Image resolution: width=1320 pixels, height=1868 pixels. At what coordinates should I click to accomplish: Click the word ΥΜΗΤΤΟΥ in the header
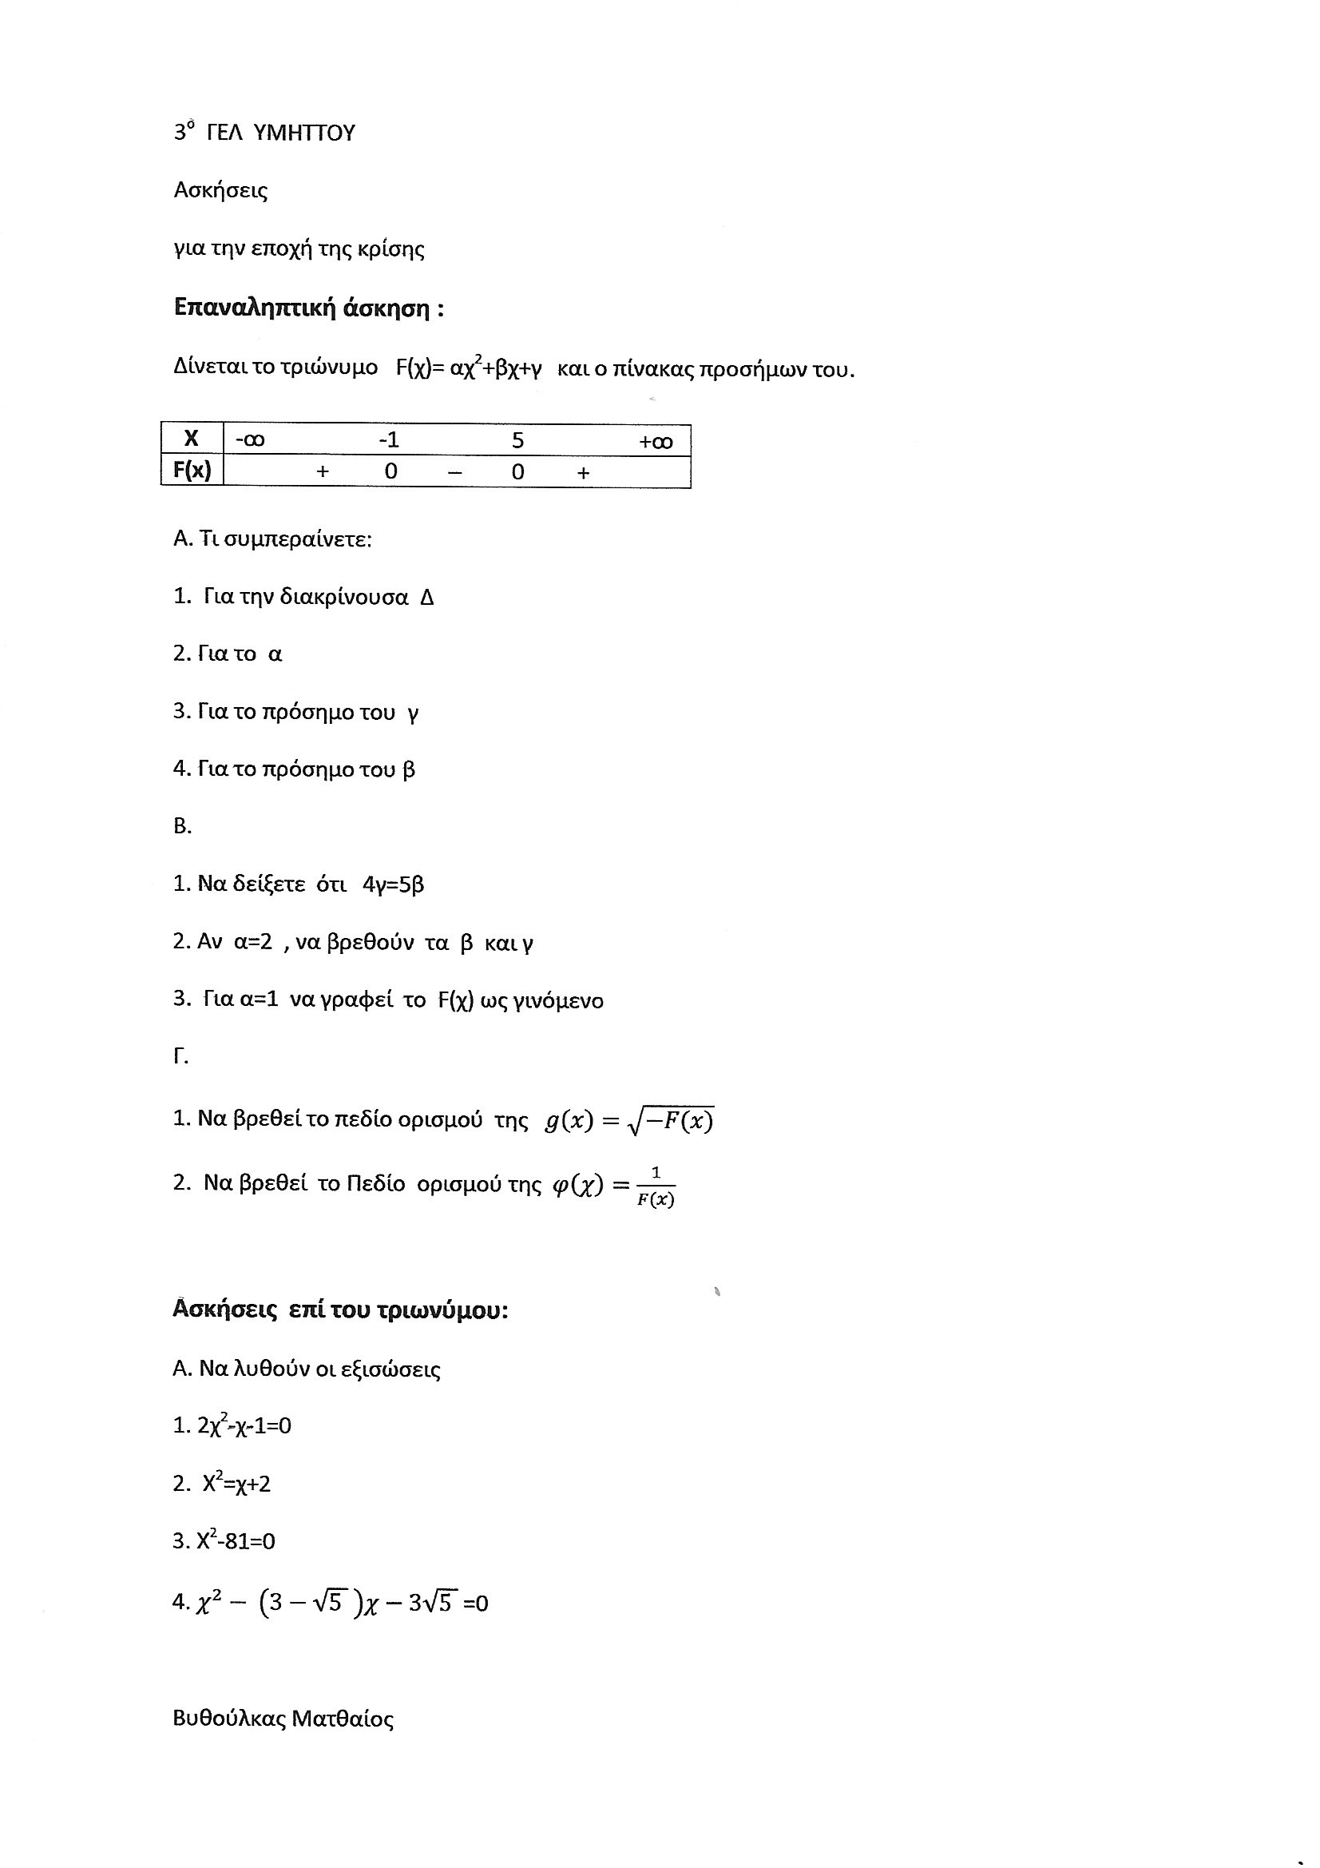(x=304, y=133)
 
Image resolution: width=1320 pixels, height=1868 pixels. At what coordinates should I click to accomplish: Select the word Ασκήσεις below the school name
(x=220, y=191)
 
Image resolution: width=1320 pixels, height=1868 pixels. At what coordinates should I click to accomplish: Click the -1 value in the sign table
(x=389, y=440)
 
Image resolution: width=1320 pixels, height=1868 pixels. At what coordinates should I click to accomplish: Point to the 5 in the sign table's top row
(x=517, y=440)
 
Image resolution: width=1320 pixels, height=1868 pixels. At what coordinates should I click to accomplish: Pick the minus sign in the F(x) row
(x=454, y=473)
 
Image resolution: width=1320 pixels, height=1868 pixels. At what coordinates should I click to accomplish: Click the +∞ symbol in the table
(x=656, y=442)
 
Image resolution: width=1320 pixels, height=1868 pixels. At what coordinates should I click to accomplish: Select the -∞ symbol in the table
(x=250, y=440)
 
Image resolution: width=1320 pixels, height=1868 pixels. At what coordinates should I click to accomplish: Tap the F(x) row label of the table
(x=192, y=471)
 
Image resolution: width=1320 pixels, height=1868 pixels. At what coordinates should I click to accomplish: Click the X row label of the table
(x=191, y=439)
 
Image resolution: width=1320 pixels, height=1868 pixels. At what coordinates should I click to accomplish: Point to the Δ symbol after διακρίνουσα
(x=427, y=598)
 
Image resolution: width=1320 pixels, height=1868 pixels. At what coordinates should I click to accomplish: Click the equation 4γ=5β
(x=394, y=884)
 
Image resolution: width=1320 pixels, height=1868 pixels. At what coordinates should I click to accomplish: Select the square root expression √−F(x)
(x=671, y=1121)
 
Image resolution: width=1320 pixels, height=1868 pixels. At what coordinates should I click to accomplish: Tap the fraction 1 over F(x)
(x=656, y=1187)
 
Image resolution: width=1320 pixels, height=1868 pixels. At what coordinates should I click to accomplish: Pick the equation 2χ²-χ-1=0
(x=244, y=1426)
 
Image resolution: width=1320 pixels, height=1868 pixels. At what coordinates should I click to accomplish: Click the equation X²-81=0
(x=236, y=1541)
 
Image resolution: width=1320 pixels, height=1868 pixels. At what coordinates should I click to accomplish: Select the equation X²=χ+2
(x=236, y=1483)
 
